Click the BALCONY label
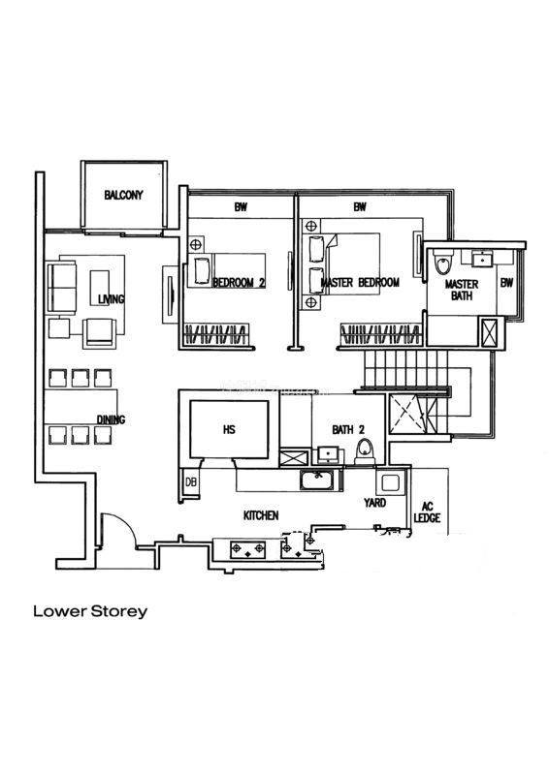(123, 195)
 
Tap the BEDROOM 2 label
(240, 283)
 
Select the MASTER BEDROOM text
(360, 283)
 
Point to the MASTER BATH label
(462, 290)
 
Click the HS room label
(229, 429)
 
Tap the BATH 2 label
(348, 430)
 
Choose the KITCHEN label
(261, 515)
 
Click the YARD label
(374, 503)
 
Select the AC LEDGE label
(427, 512)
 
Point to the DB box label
(190, 480)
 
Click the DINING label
(111, 419)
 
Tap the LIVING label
(111, 299)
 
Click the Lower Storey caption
(90, 611)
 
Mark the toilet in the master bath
(442, 261)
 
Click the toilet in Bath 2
(366, 451)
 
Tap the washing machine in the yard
(390, 482)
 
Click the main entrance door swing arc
(126, 523)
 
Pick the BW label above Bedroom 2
(241, 207)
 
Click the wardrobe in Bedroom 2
(216, 334)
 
